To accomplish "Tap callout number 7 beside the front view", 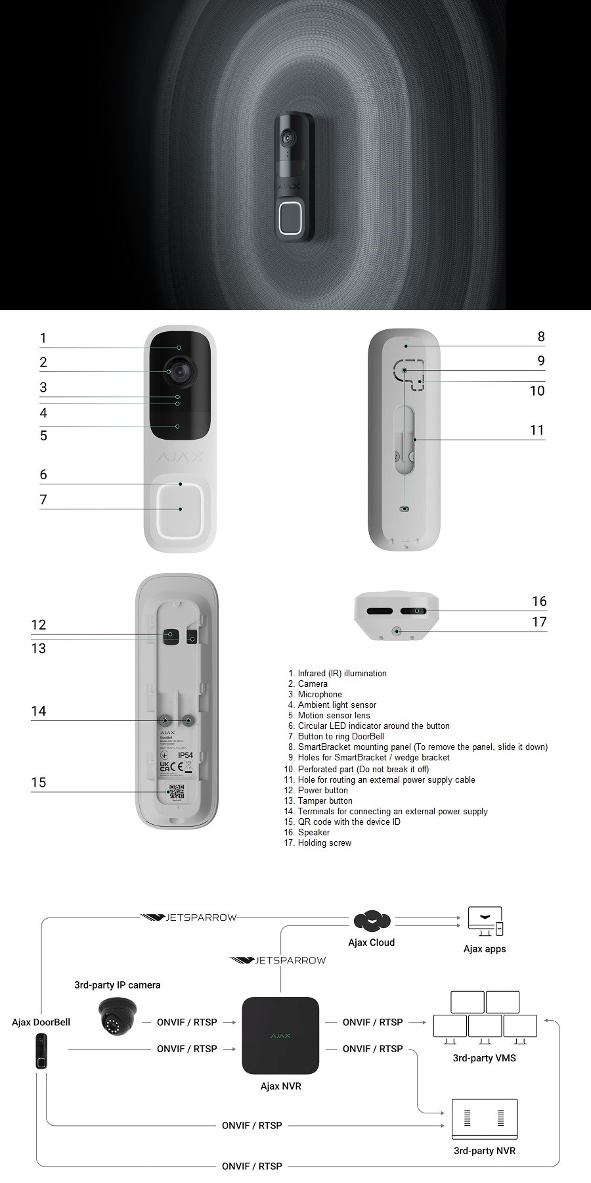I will click(x=43, y=499).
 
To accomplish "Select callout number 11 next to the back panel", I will click(x=537, y=430).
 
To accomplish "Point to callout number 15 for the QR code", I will click(x=39, y=782).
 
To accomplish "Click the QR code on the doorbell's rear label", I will click(x=177, y=791).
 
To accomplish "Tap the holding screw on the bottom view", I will click(x=397, y=631).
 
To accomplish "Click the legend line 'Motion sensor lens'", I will click(x=334, y=715).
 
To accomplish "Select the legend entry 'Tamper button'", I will click(x=325, y=800).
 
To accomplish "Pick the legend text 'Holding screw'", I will click(x=324, y=843).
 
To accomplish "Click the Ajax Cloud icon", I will click(x=372, y=921).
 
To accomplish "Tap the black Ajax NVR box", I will click(x=280, y=1035).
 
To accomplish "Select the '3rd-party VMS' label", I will click(x=484, y=1058).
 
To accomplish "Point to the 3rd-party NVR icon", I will click(x=485, y=1119).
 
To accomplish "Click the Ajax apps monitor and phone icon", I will click(x=485, y=921).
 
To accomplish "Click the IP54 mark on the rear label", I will click(x=186, y=755).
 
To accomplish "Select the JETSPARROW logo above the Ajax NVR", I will click(x=278, y=960).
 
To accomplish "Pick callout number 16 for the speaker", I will click(x=538, y=601).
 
